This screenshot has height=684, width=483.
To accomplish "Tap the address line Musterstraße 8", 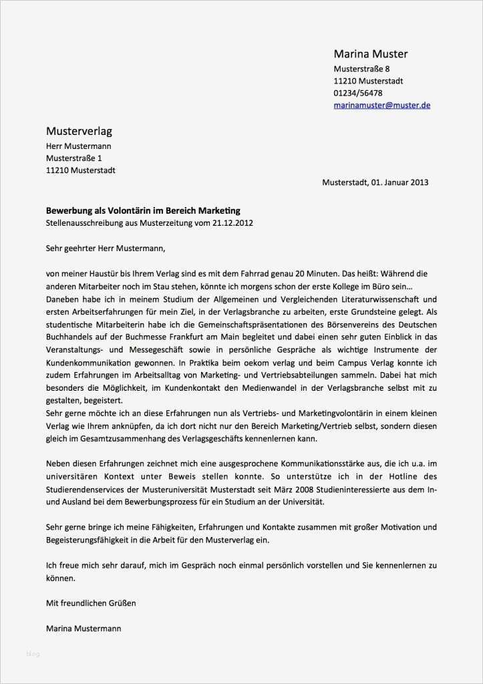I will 361,69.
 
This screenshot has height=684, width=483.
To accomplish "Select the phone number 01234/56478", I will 358,93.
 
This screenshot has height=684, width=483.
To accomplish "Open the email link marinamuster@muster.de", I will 381,105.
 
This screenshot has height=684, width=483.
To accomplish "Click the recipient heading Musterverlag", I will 79,130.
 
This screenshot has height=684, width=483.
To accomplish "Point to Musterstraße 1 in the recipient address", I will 74,158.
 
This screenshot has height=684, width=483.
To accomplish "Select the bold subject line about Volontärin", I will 142,210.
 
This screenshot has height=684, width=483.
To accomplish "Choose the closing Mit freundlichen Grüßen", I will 91,603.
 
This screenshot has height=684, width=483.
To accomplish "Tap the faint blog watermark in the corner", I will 33,653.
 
